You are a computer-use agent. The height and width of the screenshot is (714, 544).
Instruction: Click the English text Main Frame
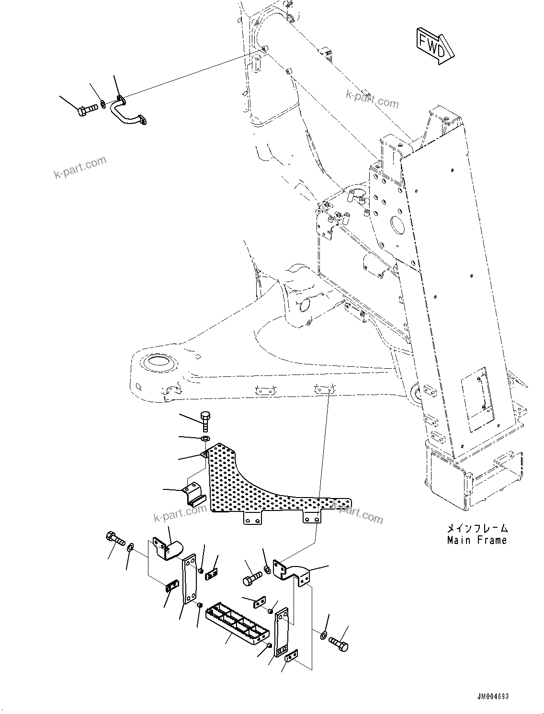click(x=476, y=540)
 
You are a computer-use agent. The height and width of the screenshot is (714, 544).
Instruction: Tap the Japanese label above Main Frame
click(x=476, y=529)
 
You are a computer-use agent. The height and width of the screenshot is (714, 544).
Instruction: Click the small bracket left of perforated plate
click(x=193, y=493)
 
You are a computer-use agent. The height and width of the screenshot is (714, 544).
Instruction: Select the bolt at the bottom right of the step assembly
click(x=339, y=643)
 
